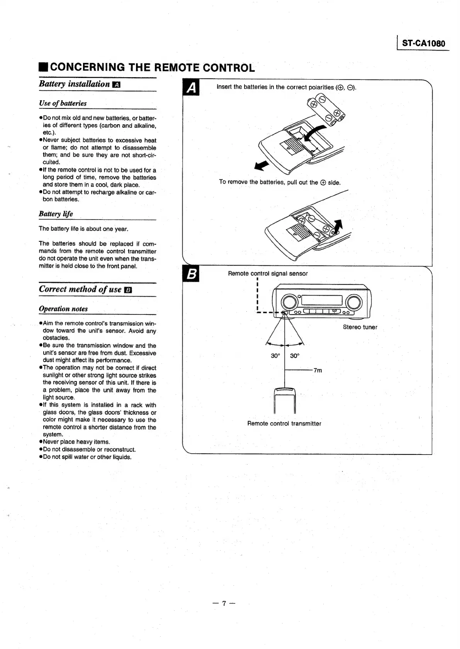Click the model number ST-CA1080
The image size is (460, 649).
point(423,43)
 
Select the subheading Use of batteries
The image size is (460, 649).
point(63,103)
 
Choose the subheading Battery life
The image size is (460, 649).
point(56,214)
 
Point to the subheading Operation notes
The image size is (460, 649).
point(63,309)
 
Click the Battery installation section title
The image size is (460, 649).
point(75,84)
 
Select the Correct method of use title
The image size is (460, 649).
point(80,289)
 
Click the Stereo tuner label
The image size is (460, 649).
point(360,327)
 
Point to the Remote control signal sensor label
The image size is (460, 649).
point(268,274)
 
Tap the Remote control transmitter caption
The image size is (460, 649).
point(284,424)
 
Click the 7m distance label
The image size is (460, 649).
point(317,370)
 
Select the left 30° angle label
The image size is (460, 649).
point(275,356)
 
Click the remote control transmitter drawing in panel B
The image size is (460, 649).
point(284,401)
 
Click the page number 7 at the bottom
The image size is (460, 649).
point(224,603)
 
